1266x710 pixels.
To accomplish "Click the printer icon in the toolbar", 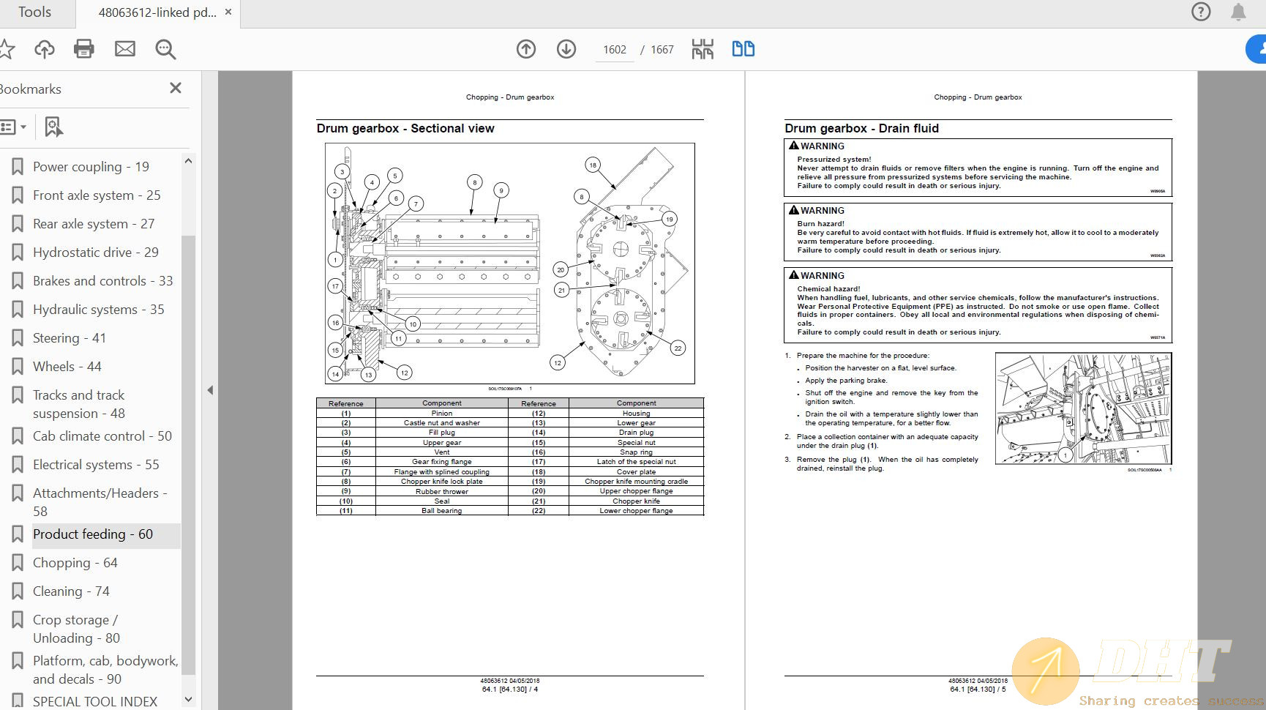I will click(x=84, y=49).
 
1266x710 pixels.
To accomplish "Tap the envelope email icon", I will click(x=125, y=49).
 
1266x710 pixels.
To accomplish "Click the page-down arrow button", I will click(x=566, y=49).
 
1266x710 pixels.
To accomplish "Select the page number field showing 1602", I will click(x=614, y=50).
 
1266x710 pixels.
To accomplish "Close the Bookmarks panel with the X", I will click(x=176, y=88).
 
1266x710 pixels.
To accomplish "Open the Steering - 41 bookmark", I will click(x=70, y=337).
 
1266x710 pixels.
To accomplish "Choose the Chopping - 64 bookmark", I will click(x=75, y=562).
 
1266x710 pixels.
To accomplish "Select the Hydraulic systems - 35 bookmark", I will click(x=98, y=309).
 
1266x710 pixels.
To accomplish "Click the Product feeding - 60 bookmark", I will click(x=93, y=534).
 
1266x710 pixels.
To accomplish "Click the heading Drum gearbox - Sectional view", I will click(x=405, y=128).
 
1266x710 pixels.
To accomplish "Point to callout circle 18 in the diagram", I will click(x=593, y=165).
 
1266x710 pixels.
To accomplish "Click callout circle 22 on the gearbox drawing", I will click(x=678, y=348).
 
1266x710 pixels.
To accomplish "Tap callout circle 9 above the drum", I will click(x=501, y=190).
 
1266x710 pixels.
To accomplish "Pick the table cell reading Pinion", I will click(x=441, y=413).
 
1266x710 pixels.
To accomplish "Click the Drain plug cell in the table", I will click(x=636, y=433).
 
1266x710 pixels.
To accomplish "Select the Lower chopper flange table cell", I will click(x=636, y=511).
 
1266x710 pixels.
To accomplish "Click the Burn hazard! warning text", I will click(x=820, y=224).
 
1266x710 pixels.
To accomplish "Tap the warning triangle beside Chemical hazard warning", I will click(x=793, y=275).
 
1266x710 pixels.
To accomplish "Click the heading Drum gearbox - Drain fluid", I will click(x=861, y=128).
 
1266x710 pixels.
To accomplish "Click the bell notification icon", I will click(x=1238, y=12).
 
